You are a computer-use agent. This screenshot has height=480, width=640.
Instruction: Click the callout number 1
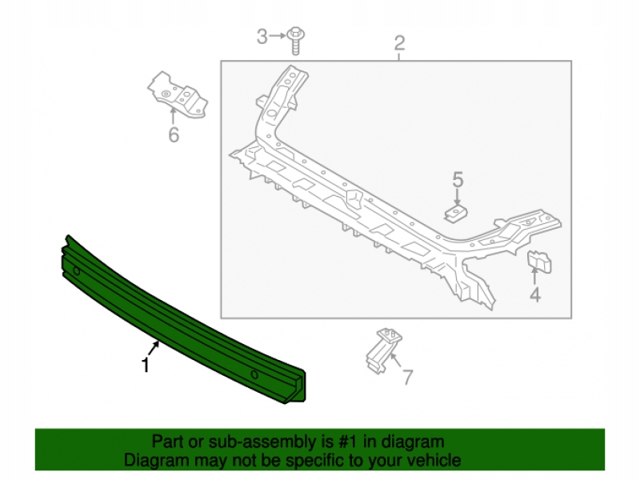pos(145,365)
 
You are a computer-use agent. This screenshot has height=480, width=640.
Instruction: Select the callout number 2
pos(399,43)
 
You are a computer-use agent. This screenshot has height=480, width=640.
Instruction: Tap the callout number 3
pos(262,36)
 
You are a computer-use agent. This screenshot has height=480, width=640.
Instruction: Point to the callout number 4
pos(535,294)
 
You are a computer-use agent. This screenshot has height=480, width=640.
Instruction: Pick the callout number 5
pos(458,179)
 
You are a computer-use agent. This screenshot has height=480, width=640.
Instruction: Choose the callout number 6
pos(174,134)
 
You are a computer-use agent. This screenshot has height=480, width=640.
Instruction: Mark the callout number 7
pos(408,378)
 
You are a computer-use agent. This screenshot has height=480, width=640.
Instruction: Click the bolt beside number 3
pos(295,41)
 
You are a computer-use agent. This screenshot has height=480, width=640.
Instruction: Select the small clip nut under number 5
pos(456,214)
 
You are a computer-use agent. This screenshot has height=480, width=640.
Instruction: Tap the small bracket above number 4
pos(539,262)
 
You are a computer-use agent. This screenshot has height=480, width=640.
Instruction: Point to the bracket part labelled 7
pos(383,350)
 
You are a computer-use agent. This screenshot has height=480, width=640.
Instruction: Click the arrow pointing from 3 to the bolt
pos(278,36)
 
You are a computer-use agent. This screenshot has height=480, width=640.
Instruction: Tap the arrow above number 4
pos(534,274)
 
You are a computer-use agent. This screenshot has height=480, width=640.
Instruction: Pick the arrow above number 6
pos(173,115)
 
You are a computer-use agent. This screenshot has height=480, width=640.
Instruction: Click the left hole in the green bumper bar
pos(76,270)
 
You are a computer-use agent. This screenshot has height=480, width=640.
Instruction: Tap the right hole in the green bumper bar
pos(254,374)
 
